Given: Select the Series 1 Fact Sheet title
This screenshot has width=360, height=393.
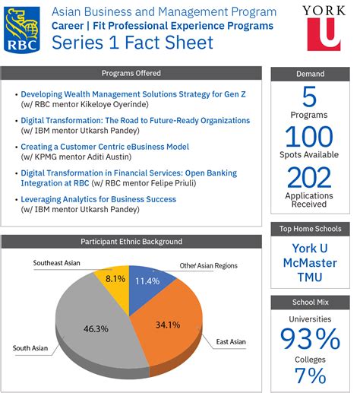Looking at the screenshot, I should pos(133,43).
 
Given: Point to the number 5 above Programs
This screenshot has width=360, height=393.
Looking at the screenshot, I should pos(310,97).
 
